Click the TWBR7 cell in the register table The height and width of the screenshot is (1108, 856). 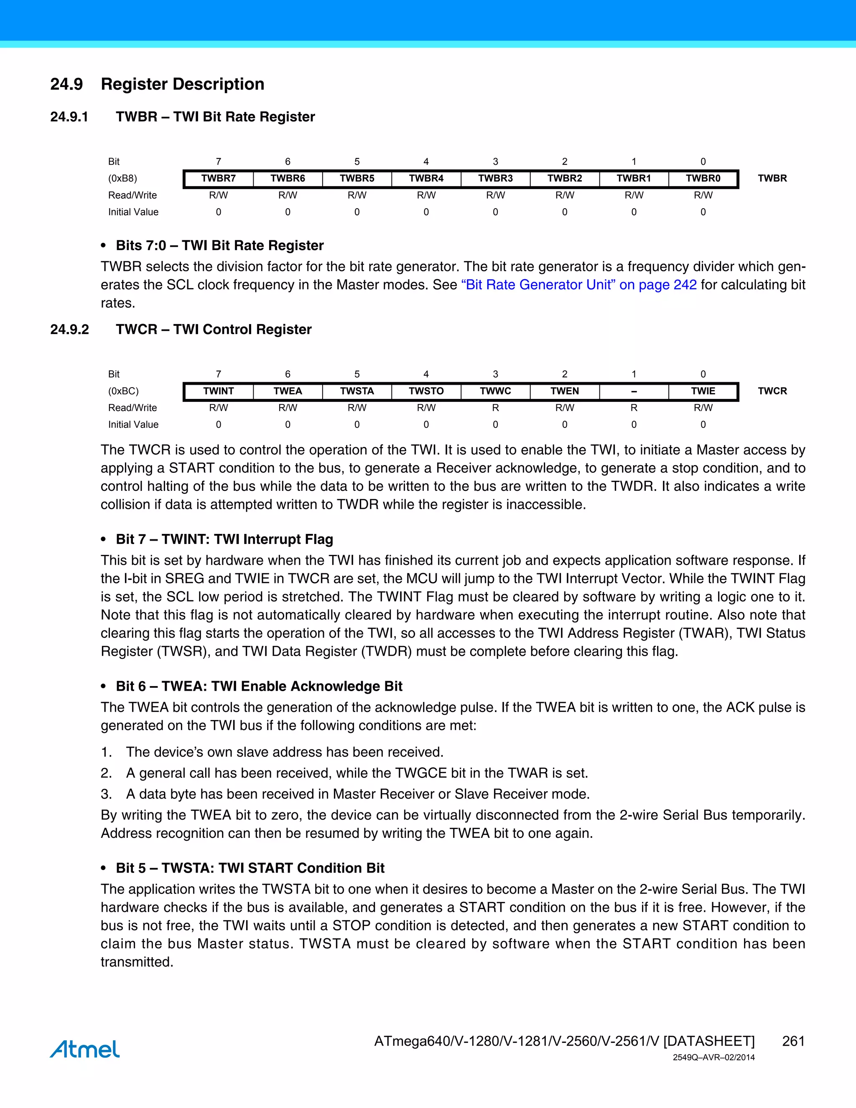[218, 179]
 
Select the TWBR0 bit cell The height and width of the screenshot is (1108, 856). [703, 179]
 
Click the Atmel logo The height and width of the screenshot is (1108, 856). [85, 1049]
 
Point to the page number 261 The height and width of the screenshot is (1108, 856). [793, 1041]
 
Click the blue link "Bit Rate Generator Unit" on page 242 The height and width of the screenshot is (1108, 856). [578, 285]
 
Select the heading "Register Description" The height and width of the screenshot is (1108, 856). [183, 84]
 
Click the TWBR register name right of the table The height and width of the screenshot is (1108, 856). [772, 179]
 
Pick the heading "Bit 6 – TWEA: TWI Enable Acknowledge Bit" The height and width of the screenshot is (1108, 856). [259, 687]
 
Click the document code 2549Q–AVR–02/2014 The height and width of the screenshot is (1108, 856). [713, 1058]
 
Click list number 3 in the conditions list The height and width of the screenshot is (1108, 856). [106, 794]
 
